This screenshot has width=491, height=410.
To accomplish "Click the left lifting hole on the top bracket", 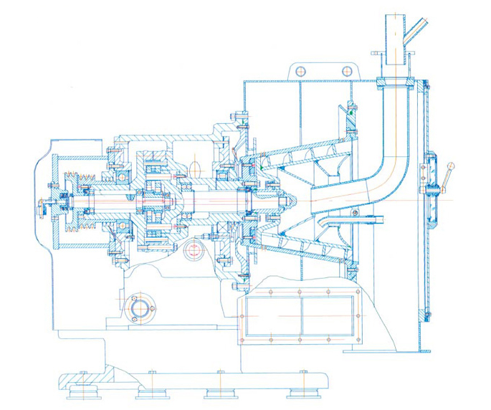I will pyautogui.click(x=300, y=70).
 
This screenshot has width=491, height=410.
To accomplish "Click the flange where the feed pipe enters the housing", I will pyautogui.click(x=394, y=83).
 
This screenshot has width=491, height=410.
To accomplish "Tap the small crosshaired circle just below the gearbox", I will pyautogui.click(x=193, y=251).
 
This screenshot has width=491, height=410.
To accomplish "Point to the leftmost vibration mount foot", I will pyautogui.click(x=82, y=392).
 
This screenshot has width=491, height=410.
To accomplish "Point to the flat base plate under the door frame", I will pyautogui.click(x=387, y=351).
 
